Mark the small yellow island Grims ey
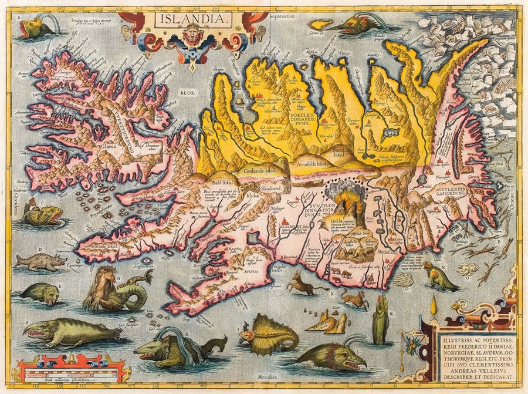click(x=321, y=25)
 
